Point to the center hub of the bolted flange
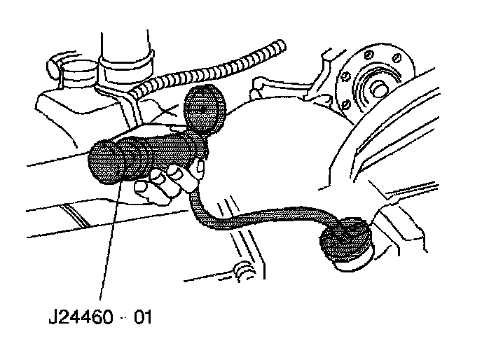point(377,90)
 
